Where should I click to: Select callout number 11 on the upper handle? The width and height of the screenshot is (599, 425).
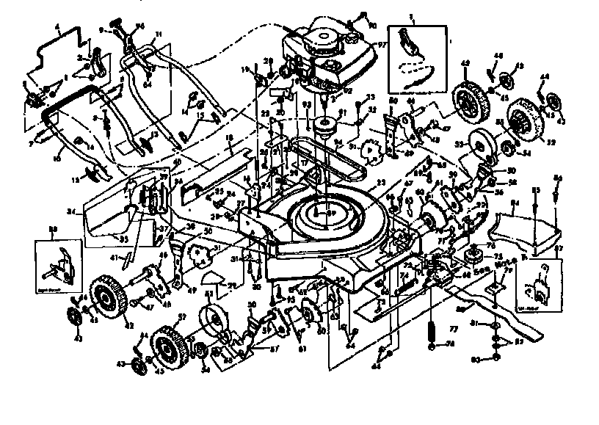click(159, 34)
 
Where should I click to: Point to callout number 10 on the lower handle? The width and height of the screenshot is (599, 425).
click(57, 157)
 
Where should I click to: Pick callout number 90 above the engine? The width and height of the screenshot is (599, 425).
click(373, 26)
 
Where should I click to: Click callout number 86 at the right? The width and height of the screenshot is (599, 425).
click(557, 178)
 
